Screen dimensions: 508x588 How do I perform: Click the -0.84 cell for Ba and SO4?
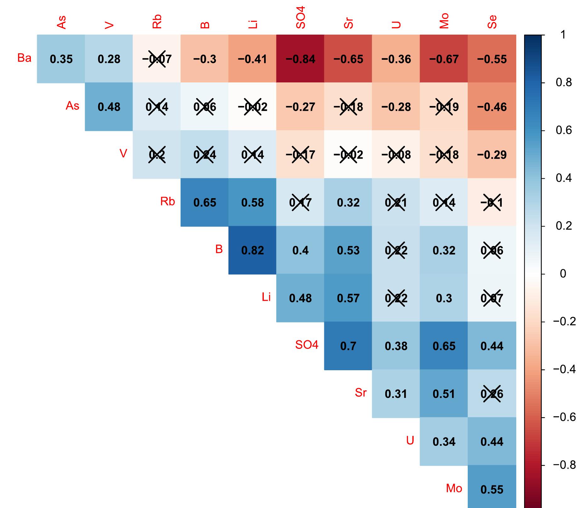pyautogui.click(x=300, y=59)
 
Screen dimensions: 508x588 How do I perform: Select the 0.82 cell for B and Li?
pyautogui.click(x=252, y=250)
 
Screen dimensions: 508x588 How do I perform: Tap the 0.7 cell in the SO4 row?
pyautogui.click(x=348, y=346)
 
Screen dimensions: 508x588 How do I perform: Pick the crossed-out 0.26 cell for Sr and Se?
pyautogui.click(x=492, y=394)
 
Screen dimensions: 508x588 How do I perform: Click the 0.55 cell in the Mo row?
pyautogui.click(x=492, y=489)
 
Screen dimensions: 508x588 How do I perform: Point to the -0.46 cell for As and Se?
pyautogui.click(x=492, y=107)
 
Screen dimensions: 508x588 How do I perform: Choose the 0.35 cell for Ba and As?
pyautogui.click(x=61, y=59)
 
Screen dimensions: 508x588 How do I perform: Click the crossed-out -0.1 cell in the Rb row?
pyautogui.click(x=492, y=202)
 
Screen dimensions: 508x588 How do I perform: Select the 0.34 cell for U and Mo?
pyautogui.click(x=444, y=441)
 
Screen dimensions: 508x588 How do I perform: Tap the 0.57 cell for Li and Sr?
pyautogui.click(x=348, y=298)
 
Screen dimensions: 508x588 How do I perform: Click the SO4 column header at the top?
pyautogui.click(x=301, y=17)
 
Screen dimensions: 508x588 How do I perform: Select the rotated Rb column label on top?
pyautogui.click(x=157, y=21)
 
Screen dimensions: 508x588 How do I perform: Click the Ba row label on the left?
pyautogui.click(x=24, y=58)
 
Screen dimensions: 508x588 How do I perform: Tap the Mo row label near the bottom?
pyautogui.click(x=454, y=488)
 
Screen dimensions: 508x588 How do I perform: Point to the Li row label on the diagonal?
pyautogui.click(x=266, y=297)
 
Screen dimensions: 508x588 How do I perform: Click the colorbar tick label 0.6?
pyautogui.click(x=563, y=131)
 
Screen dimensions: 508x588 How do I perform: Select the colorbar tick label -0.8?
pyautogui.click(x=564, y=465)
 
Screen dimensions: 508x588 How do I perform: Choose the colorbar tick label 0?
pyautogui.click(x=563, y=274)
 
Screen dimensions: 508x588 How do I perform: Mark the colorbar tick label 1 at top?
pyautogui.click(x=563, y=35)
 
